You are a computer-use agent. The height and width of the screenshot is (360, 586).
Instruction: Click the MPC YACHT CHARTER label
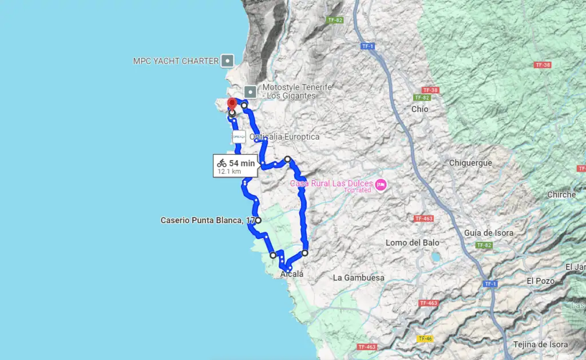(x=176, y=61)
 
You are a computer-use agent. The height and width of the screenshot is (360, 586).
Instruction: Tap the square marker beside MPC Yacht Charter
(x=228, y=60)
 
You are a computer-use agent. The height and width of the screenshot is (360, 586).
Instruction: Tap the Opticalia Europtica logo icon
(x=239, y=137)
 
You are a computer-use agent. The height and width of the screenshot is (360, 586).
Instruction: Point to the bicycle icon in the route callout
(x=221, y=163)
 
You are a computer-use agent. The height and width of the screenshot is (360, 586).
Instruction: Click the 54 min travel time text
(x=242, y=163)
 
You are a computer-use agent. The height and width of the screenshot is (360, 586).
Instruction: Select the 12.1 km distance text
(x=229, y=171)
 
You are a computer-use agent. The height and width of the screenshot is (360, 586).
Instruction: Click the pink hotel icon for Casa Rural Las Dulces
(x=381, y=184)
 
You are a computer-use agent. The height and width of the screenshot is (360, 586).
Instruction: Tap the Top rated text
(x=358, y=190)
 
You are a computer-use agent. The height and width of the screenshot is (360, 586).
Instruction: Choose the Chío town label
(x=419, y=109)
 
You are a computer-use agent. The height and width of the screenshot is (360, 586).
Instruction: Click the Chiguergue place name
(x=470, y=163)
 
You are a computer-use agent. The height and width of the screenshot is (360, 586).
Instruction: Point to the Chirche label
(x=561, y=195)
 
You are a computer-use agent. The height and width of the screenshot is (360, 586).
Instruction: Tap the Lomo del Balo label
(x=412, y=242)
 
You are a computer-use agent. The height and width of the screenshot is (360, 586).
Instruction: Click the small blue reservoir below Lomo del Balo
(x=435, y=257)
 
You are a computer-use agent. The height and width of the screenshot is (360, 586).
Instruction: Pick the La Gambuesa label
(x=359, y=278)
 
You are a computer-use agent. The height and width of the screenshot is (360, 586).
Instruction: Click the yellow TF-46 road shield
(x=425, y=339)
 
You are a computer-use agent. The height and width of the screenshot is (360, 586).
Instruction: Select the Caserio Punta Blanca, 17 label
(x=207, y=220)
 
